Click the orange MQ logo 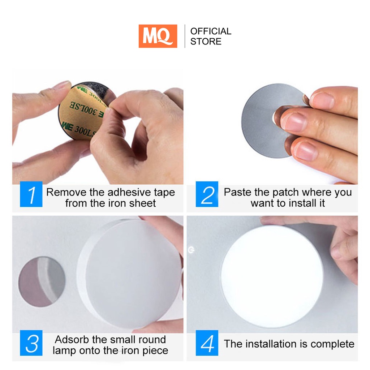click(x=158, y=36)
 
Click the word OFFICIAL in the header click(x=211, y=31)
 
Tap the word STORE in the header click(x=206, y=42)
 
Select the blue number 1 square click(x=31, y=194)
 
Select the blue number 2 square click(x=207, y=194)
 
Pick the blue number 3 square click(x=31, y=343)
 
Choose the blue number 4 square click(x=207, y=343)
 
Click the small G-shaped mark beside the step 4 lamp click(x=191, y=250)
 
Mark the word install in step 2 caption click(x=302, y=203)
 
